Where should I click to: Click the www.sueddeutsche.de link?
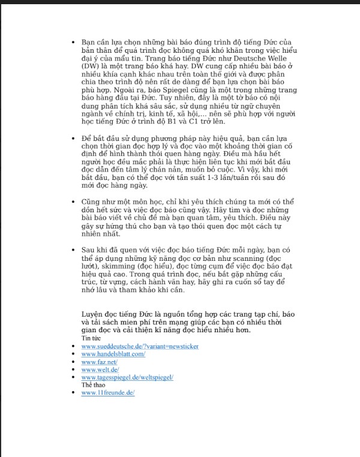pyautogui.click(x=140, y=347)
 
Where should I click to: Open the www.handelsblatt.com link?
pyautogui.click(x=113, y=354)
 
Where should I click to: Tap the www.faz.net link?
pyautogui.click(x=99, y=362)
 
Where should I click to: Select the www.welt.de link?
pyautogui.click(x=100, y=369)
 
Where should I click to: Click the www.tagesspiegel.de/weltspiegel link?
pyautogui.click(x=127, y=377)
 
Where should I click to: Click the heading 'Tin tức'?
pyautogui.click(x=92, y=339)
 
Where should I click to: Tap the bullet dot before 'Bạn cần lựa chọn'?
pyautogui.click(x=74, y=42)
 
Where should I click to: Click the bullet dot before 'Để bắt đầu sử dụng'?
pyautogui.click(x=74, y=139)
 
